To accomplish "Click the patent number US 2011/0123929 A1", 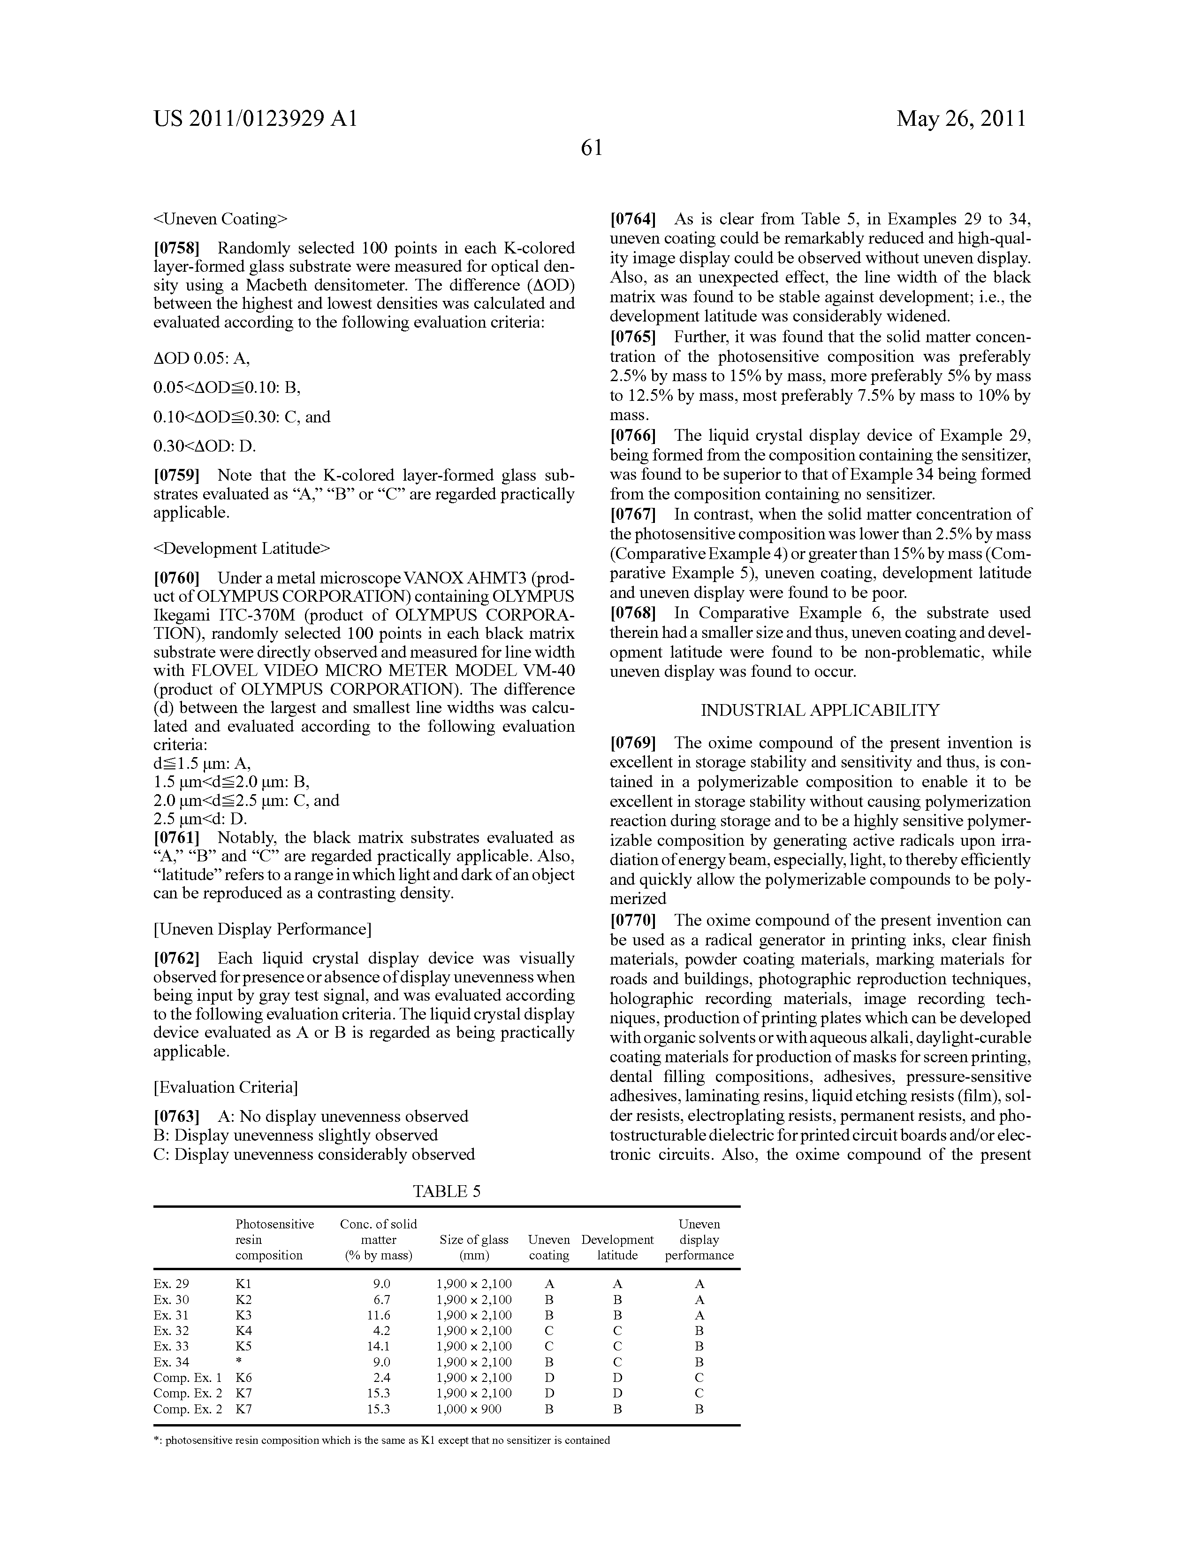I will [255, 118].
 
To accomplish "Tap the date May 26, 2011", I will [961, 118].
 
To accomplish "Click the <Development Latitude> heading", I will [242, 548].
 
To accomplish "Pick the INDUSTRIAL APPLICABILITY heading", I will [820, 710].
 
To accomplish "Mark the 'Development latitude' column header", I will [617, 1248].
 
